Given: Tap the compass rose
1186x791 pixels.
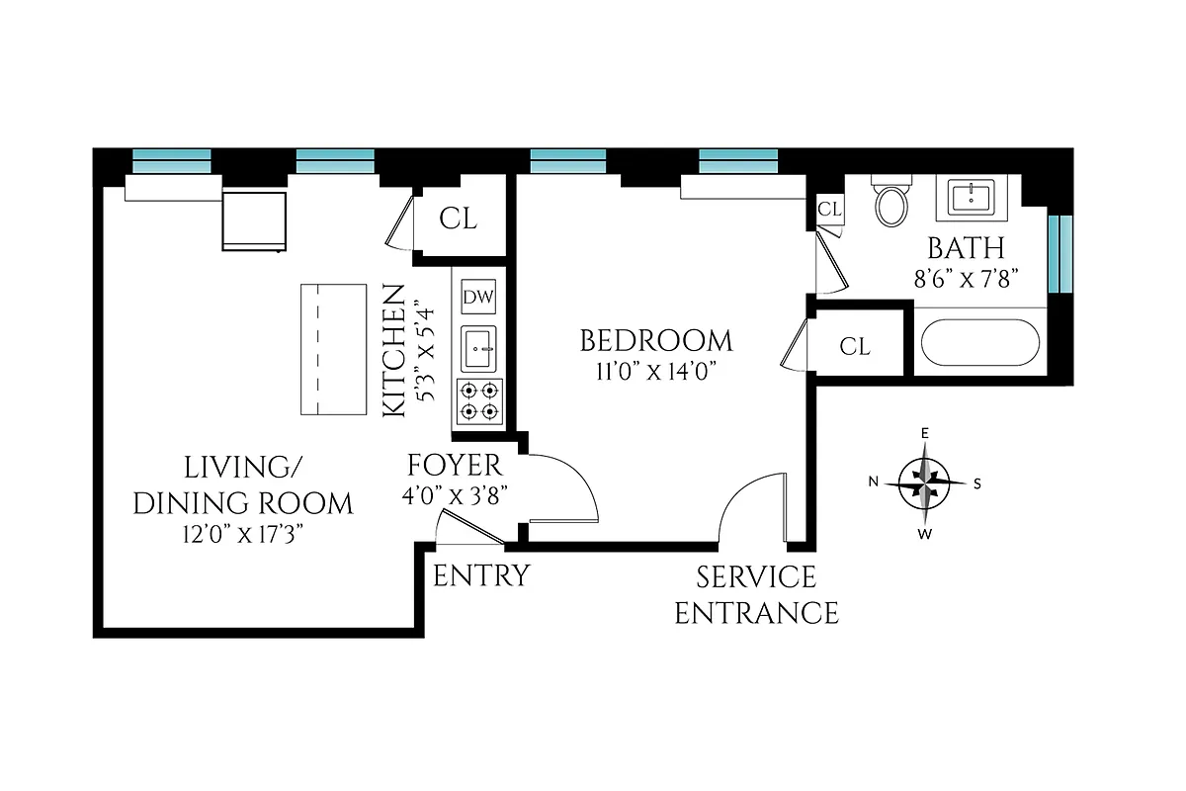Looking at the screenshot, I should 925,483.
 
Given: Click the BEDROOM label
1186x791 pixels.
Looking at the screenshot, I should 656,342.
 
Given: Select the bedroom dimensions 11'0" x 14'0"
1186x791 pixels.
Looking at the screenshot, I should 656,372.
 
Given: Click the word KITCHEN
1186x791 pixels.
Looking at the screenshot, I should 393,350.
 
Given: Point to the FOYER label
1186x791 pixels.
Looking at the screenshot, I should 455,466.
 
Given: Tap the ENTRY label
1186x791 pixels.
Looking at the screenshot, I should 481,575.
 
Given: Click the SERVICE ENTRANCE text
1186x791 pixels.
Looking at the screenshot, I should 756,595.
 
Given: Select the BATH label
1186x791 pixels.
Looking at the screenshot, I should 965,248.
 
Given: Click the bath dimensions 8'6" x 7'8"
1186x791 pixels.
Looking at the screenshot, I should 965,278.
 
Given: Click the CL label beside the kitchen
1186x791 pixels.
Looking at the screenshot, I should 458,220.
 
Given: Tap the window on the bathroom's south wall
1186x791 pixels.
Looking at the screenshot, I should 1059,253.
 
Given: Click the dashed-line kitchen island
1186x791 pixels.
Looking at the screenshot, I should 327,351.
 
